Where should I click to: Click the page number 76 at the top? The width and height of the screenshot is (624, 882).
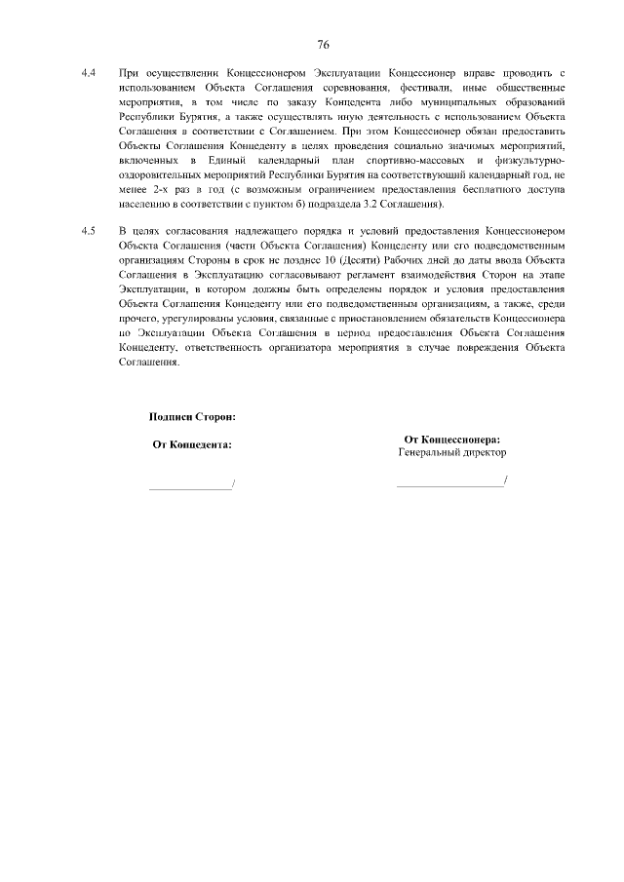click(x=323, y=45)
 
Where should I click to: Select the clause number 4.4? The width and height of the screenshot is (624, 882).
click(x=88, y=73)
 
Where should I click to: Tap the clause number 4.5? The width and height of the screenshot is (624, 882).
click(x=88, y=230)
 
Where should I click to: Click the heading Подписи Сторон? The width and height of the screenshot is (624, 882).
click(x=193, y=416)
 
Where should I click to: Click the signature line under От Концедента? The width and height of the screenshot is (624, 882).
click(x=190, y=484)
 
